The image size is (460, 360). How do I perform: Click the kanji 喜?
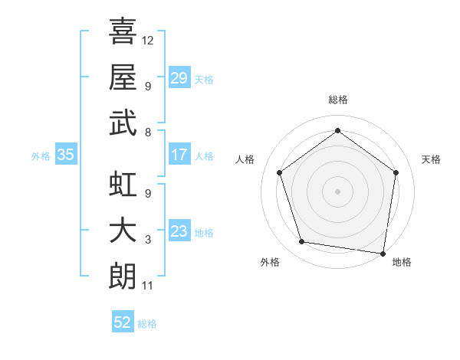click(123, 31)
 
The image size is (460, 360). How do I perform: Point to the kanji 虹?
click(123, 186)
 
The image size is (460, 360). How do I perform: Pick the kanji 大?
click(123, 232)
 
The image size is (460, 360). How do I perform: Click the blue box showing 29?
click(179, 78)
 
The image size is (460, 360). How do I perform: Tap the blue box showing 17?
click(179, 155)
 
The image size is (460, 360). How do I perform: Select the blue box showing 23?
click(179, 231)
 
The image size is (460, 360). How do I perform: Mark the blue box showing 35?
click(66, 155)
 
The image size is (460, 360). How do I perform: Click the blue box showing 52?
click(123, 322)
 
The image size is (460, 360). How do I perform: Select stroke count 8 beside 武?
click(148, 131)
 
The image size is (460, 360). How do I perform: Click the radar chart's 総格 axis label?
click(337, 100)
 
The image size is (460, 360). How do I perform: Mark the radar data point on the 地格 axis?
click(383, 253)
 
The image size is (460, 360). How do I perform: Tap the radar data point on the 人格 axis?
click(279, 172)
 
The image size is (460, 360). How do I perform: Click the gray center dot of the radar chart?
click(337, 191)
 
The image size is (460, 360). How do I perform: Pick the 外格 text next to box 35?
click(41, 155)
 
